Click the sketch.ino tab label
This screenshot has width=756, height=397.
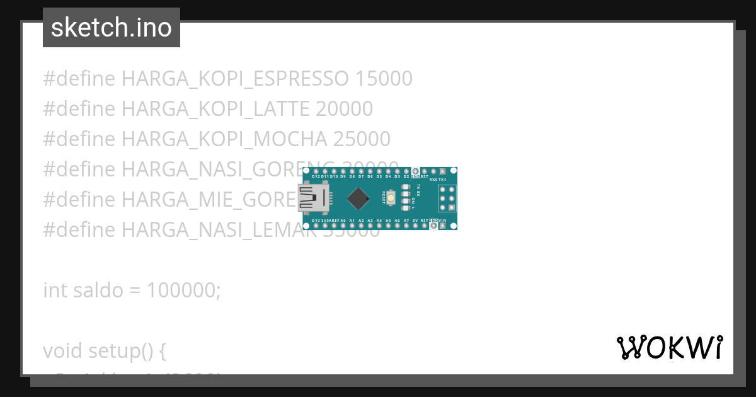pyautogui.click(x=111, y=28)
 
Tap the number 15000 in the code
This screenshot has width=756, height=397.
pyautogui.click(x=384, y=79)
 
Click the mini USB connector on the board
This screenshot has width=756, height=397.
pyautogui.click(x=314, y=198)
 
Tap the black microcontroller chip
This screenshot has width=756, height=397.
pyautogui.click(x=358, y=198)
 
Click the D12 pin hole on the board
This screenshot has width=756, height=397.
pyautogui.click(x=315, y=171)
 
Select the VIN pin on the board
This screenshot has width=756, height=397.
pyautogui.click(x=443, y=226)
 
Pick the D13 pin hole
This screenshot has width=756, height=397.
pyautogui.click(x=315, y=226)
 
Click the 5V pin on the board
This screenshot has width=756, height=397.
pyautogui.click(x=415, y=226)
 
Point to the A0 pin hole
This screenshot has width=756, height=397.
pyautogui.click(x=343, y=226)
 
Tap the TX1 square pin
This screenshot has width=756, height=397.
pyautogui.click(x=443, y=171)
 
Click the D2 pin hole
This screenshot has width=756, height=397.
pyautogui.click(x=406, y=171)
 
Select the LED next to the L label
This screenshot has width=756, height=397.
pyautogui.click(x=406, y=208)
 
